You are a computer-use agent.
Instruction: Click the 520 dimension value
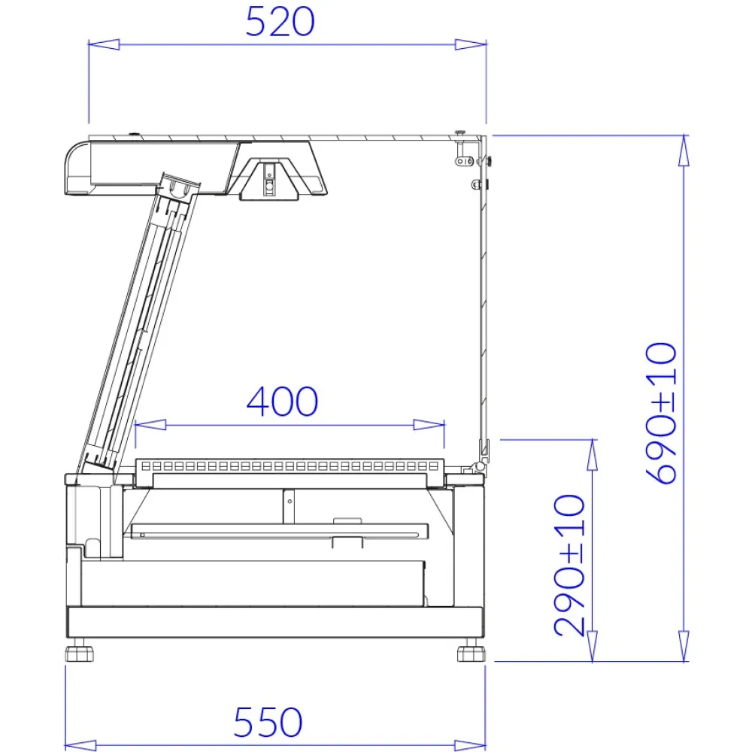point(280,23)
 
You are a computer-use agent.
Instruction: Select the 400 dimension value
point(283,402)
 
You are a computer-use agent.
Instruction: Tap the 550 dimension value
point(268,723)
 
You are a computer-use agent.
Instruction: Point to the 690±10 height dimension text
point(662,413)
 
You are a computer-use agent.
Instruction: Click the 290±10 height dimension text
point(570,564)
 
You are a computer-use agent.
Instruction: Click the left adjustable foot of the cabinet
point(80,651)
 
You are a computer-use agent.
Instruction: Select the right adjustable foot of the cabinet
point(470,651)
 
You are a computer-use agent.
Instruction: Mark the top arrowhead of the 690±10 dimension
point(683,149)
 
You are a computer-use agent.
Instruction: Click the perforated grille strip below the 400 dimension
point(290,467)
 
